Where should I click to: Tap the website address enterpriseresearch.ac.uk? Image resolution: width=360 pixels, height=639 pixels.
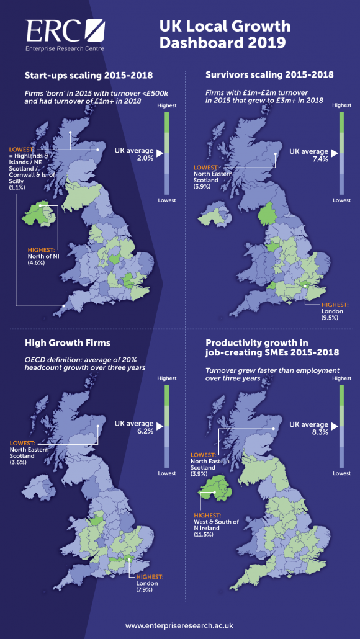(x=180, y=625)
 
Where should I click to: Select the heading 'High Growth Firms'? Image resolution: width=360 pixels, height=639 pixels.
(x=68, y=342)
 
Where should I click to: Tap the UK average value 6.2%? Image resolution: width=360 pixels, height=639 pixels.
(x=145, y=431)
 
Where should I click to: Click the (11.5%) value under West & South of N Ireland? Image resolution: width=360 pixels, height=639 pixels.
(x=204, y=535)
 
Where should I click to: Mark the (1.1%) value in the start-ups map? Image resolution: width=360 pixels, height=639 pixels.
(x=16, y=187)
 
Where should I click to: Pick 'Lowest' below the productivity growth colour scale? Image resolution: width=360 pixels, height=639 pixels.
(x=341, y=473)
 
